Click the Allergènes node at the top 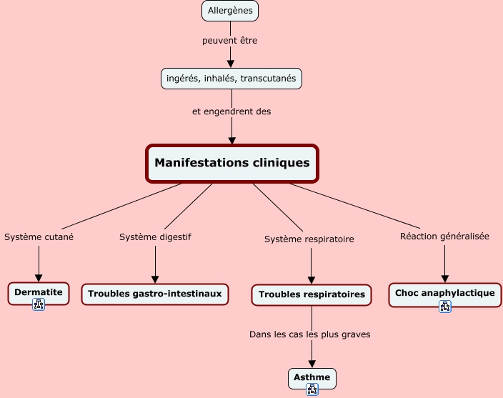pos(229,11)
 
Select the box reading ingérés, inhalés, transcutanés pos(231,78)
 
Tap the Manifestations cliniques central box pos(232,164)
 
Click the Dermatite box pos(39,292)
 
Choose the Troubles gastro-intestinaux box pos(154,294)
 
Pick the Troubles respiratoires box pos(312,294)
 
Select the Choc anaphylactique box pos(444,293)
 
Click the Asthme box pos(312,377)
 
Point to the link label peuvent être pos(229,41)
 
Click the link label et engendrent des pos(231,111)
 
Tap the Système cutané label pos(39,237)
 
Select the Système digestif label pos(155,237)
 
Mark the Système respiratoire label pos(309,239)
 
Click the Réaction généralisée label pos(444,236)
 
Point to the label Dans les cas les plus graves pos(310,334)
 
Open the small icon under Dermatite pos(39,304)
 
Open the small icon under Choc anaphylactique pos(445,307)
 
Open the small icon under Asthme pos(312,389)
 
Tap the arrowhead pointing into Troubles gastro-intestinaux pos(154,279)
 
